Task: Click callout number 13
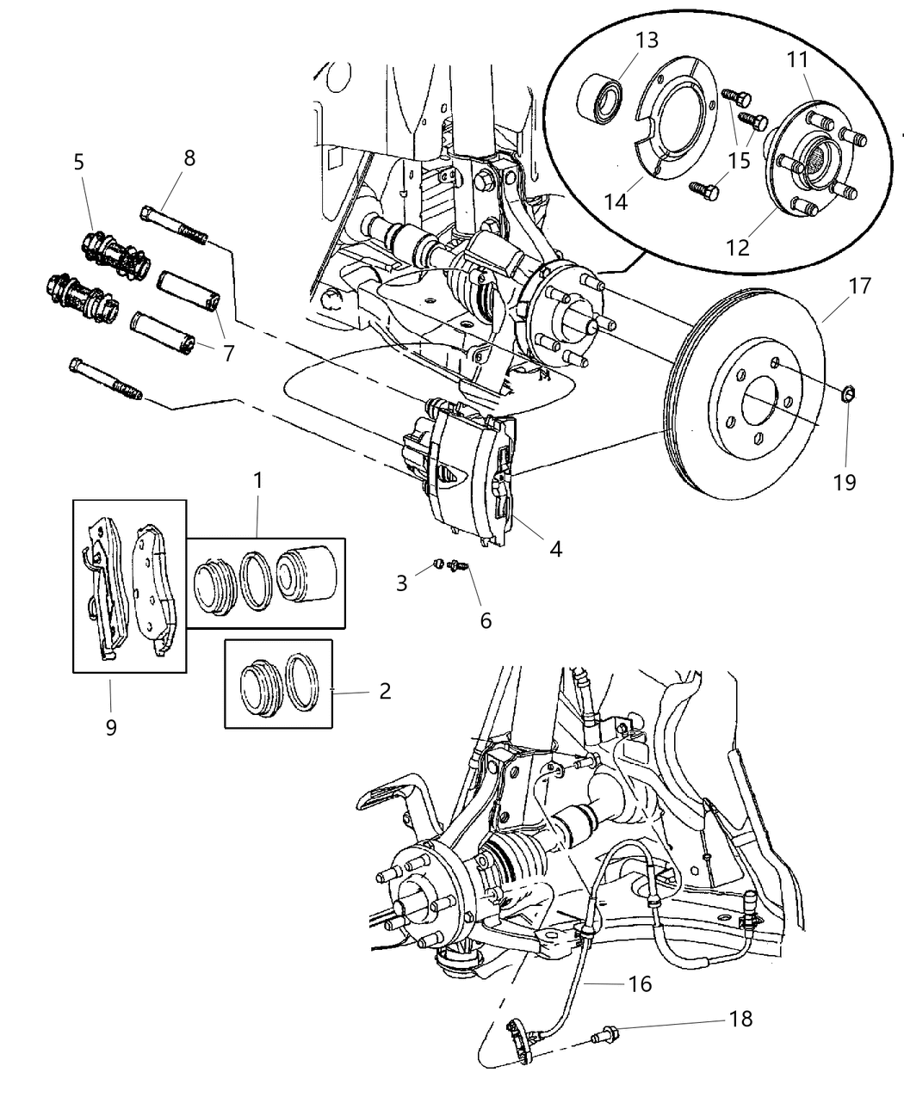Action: pyautogui.click(x=647, y=40)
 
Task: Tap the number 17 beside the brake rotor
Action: pyautogui.click(x=860, y=286)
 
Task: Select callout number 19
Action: pyautogui.click(x=845, y=482)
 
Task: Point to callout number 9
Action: pyautogui.click(x=111, y=727)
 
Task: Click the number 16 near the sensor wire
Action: pyautogui.click(x=639, y=983)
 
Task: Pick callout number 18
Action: pyautogui.click(x=740, y=1019)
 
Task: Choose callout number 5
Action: pyautogui.click(x=79, y=162)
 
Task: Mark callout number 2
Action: pyautogui.click(x=384, y=690)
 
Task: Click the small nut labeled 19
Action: pyautogui.click(x=847, y=394)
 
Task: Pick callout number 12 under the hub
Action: pyautogui.click(x=737, y=247)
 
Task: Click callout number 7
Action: pyautogui.click(x=227, y=352)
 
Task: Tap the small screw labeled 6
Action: pyautogui.click(x=458, y=567)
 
